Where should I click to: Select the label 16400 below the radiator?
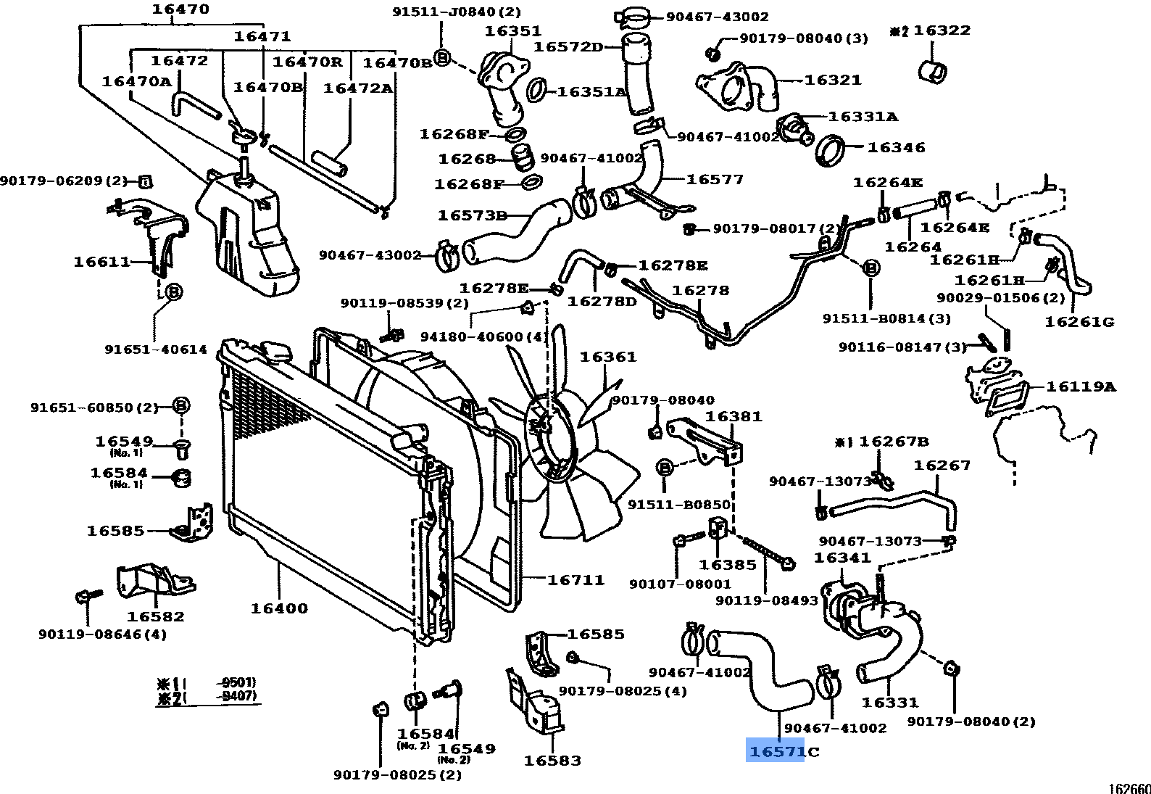(x=279, y=608)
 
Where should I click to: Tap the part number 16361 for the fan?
(x=607, y=357)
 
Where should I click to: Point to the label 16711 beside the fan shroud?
(x=575, y=579)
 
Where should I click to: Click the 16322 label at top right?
(x=942, y=30)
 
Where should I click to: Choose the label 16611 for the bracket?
(x=102, y=262)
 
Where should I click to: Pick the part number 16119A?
(x=1080, y=386)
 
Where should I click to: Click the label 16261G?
(x=1079, y=322)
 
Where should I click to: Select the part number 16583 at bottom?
(x=552, y=761)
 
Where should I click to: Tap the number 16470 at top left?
(x=180, y=9)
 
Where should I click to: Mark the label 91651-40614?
(x=156, y=350)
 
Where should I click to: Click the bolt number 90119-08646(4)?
(x=102, y=634)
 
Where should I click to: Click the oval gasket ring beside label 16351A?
(x=536, y=90)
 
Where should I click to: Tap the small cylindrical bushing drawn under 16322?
(x=933, y=71)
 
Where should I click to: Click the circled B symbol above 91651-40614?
(x=173, y=292)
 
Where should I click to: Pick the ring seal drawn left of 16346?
(x=830, y=149)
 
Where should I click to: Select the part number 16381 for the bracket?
(x=734, y=417)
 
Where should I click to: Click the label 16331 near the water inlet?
(x=889, y=702)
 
